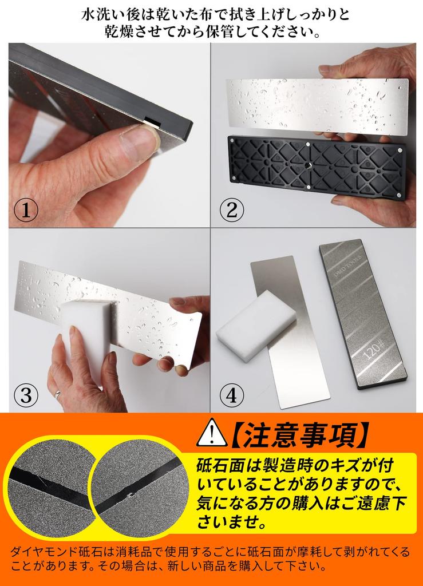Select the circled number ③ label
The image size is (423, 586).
[x=25, y=395]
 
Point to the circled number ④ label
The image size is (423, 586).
[x=232, y=395]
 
